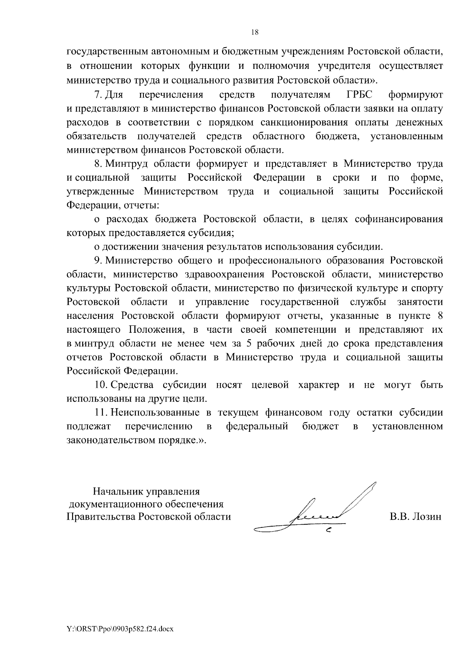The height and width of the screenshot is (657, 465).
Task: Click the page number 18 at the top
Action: (x=255, y=33)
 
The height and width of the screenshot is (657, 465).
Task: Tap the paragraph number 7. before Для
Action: (x=98, y=95)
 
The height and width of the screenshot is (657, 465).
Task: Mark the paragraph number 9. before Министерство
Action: (x=98, y=261)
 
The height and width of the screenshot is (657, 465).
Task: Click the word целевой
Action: (x=270, y=385)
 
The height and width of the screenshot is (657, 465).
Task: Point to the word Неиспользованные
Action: (x=155, y=413)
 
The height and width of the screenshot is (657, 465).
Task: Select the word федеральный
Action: (x=257, y=426)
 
